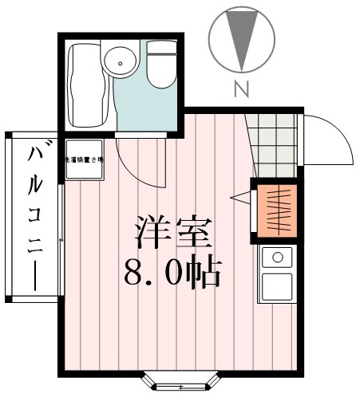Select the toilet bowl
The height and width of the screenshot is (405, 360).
(x=161, y=73)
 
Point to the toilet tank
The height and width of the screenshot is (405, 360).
(x=161, y=49)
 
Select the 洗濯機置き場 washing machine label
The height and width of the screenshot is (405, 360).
(x=85, y=160)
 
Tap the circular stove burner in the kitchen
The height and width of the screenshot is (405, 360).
(x=277, y=257)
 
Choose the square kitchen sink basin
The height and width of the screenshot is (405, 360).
(x=277, y=285)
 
